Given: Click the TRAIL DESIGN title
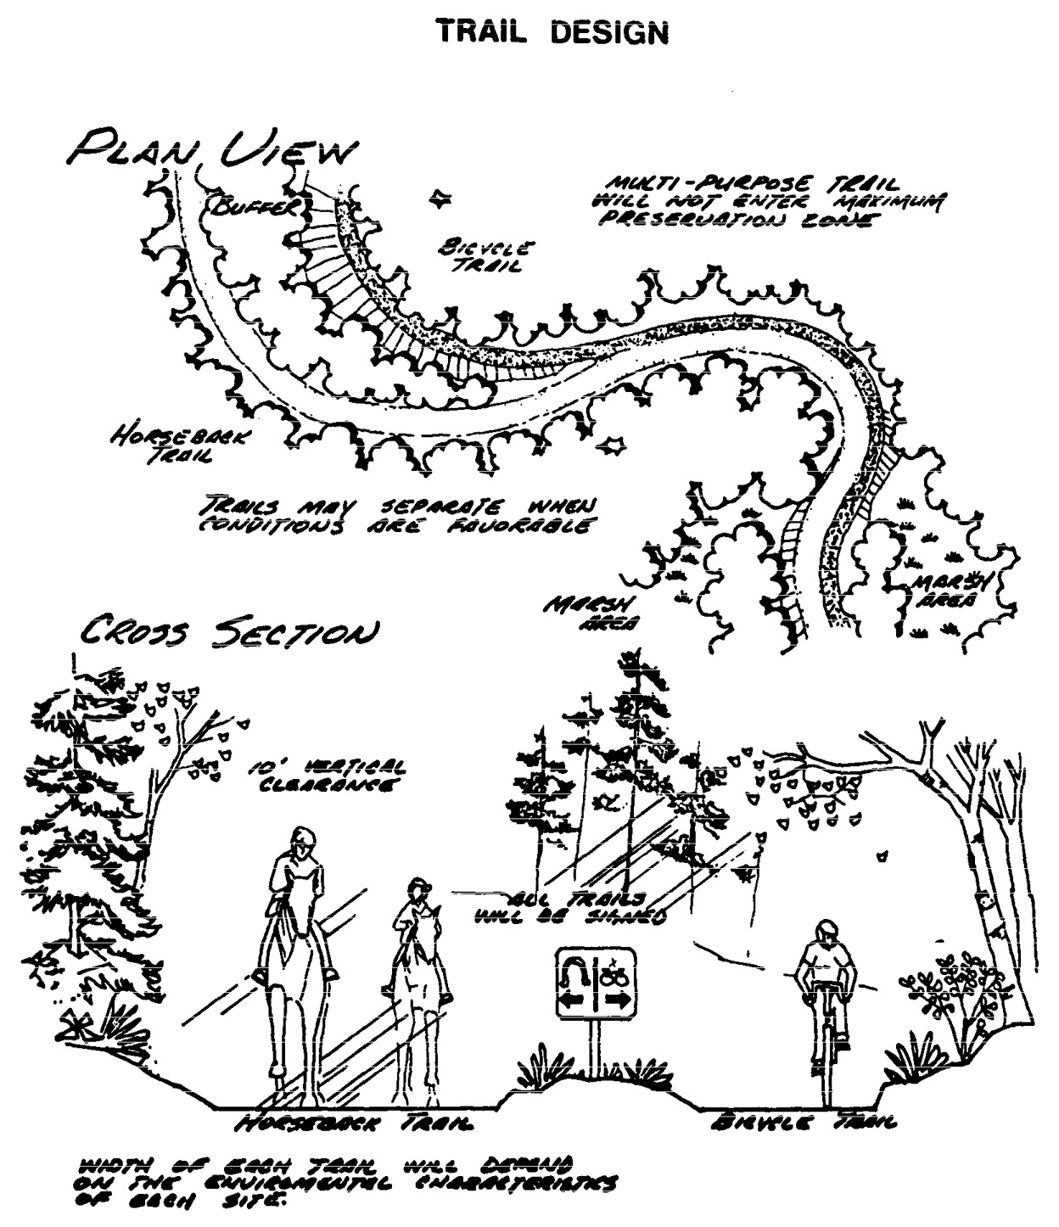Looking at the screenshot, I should [x=552, y=32].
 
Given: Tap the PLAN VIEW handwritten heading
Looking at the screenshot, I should [x=212, y=150].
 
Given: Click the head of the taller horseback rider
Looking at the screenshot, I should [x=298, y=841].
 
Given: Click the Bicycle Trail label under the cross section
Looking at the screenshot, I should [x=801, y=1124].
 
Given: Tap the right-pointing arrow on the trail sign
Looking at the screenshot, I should [x=618, y=1001].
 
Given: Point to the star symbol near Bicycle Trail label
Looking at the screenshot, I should [x=440, y=199].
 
